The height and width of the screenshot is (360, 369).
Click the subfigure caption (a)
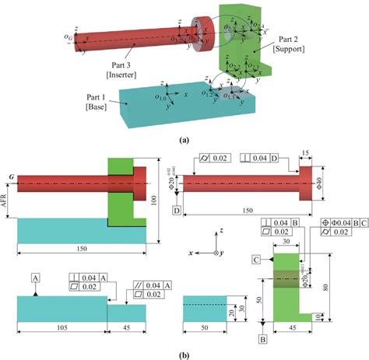184,142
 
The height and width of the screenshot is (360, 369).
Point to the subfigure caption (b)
184,351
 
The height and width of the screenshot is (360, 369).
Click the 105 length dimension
61,327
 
